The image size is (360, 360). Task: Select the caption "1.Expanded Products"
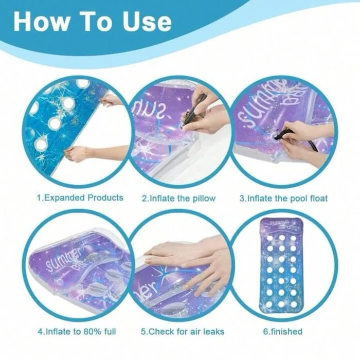pos(80,197)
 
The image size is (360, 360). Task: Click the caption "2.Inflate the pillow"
pos(179,198)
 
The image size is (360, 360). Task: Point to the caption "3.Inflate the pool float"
pos(283,198)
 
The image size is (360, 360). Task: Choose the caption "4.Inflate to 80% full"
pos(77,332)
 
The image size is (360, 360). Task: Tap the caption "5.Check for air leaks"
pos(183,332)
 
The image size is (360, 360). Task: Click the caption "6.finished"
pos(283,332)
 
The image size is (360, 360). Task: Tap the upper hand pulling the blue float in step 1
pos(112,101)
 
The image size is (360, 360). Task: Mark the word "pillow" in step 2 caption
pos(204,199)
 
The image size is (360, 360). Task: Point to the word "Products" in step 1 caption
pos(105,197)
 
